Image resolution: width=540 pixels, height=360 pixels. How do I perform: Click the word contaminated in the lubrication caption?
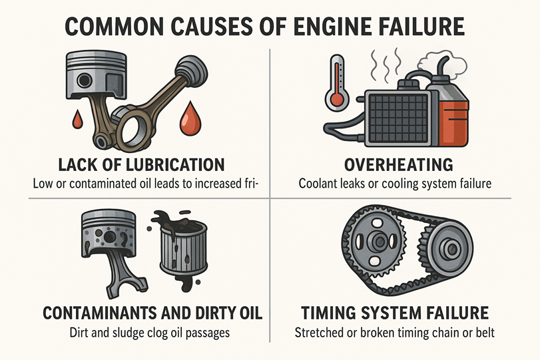[113, 184]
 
